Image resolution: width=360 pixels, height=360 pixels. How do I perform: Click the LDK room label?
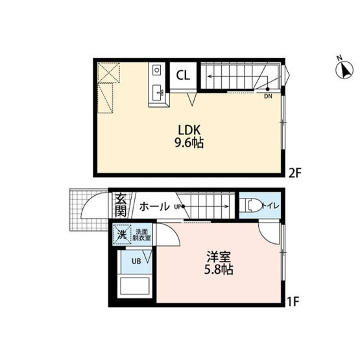point(189,130)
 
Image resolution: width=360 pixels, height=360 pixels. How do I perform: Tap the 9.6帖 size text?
point(189,143)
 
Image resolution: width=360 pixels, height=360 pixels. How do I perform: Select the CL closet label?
point(183,75)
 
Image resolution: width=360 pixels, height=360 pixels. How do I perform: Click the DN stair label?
point(268,97)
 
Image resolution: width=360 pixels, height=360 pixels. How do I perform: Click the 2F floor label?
point(294,173)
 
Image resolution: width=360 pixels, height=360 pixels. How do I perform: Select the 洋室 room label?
point(219,256)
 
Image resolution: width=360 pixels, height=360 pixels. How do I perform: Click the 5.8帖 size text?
point(219,270)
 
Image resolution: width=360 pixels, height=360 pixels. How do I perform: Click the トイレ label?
point(270,206)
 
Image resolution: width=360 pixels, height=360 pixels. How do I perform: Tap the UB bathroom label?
point(136,261)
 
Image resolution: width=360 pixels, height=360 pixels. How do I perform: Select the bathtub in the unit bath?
point(135,286)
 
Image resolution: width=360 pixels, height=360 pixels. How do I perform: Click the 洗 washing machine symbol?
point(122,235)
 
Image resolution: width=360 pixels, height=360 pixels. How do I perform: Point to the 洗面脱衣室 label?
point(141,235)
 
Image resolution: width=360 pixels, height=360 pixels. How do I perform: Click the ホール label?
point(154,206)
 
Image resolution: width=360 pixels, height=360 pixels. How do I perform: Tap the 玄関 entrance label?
point(121,206)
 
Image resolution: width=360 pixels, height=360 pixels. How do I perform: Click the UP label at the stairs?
point(178,207)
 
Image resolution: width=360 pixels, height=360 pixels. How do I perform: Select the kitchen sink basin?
point(158,93)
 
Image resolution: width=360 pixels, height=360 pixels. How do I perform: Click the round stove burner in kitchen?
point(156,69)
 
